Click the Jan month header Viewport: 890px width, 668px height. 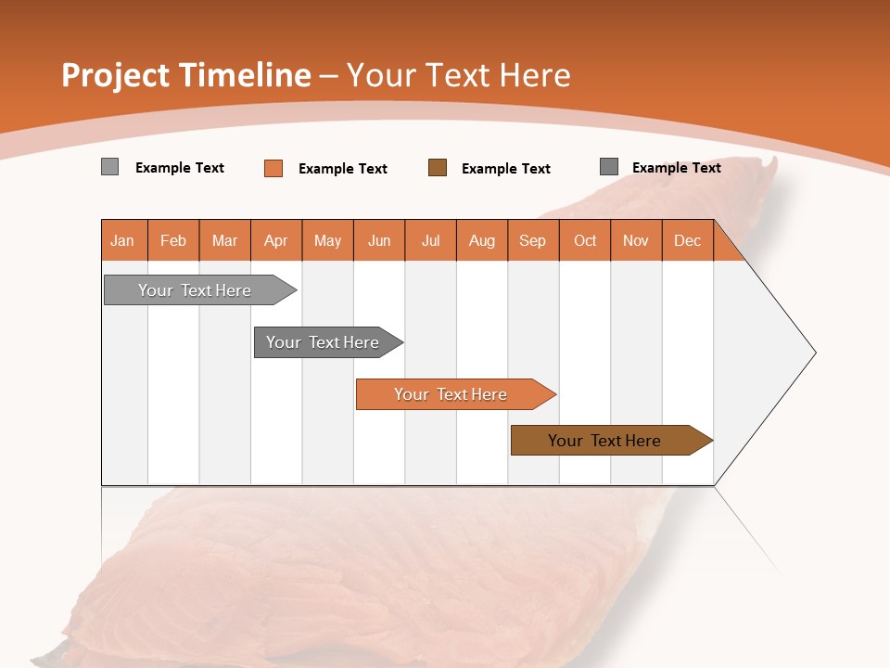click(123, 240)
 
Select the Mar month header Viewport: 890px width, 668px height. click(224, 240)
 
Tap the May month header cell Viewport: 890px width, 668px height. click(327, 240)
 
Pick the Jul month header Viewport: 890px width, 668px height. click(430, 240)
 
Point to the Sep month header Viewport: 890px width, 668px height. click(532, 240)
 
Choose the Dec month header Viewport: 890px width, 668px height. click(687, 240)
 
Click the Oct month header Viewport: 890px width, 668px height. click(585, 240)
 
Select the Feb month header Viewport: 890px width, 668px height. click(173, 240)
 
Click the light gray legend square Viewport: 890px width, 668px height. click(109, 167)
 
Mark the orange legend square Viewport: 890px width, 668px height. click(273, 168)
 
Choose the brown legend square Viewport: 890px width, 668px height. click(438, 167)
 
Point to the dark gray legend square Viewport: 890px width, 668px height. click(608, 167)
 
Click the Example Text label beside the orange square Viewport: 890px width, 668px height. click(343, 169)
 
